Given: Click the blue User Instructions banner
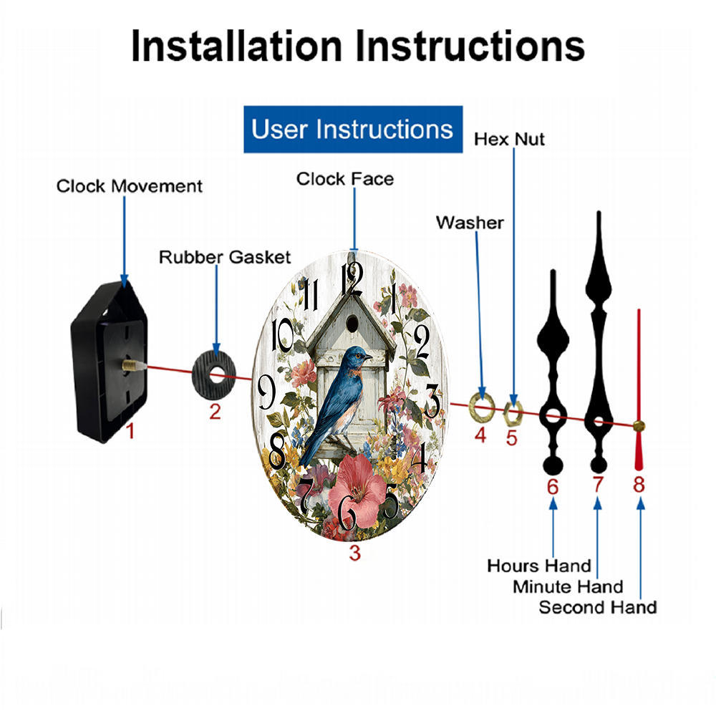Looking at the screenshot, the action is tap(353, 129).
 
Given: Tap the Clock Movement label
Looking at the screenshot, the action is tap(129, 186).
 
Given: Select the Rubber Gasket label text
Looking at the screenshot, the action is tap(225, 257).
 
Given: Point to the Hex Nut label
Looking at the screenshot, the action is tap(509, 140).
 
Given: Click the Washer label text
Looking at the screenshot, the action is tap(470, 223).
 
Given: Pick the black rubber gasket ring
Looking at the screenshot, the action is tap(213, 374).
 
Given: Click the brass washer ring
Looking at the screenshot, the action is tap(482, 407).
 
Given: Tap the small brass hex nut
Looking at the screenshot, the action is tap(513, 414).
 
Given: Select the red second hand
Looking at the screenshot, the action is tap(639, 390).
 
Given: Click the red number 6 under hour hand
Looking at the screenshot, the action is tap(553, 487).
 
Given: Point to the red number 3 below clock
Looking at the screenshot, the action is tap(355, 553).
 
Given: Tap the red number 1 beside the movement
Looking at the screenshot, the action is tap(130, 430).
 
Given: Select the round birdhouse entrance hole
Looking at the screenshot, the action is tap(352, 324).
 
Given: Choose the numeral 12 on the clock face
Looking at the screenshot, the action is tap(352, 279).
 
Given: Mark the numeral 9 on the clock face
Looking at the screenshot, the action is tap(266, 392).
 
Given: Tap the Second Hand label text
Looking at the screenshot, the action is tap(598, 607).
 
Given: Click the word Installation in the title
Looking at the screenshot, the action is tap(236, 46).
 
